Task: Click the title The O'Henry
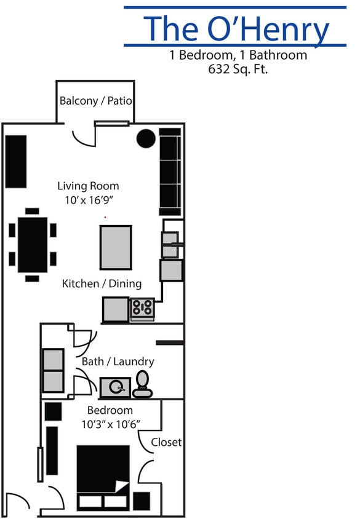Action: coord(236,28)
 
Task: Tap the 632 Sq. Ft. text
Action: coord(238,69)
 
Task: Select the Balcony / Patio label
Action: coord(95,101)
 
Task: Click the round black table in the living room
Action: coord(146,139)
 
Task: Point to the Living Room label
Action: coord(88,186)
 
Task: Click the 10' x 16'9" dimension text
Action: coord(88,200)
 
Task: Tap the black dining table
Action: coord(33,244)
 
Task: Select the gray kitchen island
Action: coord(116,247)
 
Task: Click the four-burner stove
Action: coord(142,308)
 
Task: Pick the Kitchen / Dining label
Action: coord(102,283)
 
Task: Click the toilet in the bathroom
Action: coord(143,383)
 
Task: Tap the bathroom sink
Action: coord(116,387)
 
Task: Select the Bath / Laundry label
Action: coord(118,362)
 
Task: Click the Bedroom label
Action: coord(110,410)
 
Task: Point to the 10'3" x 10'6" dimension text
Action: coord(111,424)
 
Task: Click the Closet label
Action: coord(166,442)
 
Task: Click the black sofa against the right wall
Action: coord(170,167)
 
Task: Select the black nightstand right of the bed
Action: coord(142,501)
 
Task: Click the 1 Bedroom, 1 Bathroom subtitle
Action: coord(238,55)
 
